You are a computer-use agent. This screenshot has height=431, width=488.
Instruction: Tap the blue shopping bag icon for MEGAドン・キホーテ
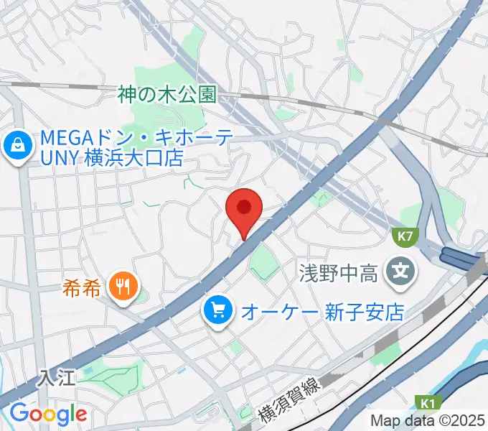[15, 147]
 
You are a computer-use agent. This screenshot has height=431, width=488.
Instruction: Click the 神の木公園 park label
[168, 94]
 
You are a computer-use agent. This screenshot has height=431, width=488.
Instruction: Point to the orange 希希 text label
[84, 287]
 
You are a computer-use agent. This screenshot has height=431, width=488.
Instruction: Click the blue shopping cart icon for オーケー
[217, 310]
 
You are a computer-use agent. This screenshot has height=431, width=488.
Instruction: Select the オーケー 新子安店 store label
[323, 312]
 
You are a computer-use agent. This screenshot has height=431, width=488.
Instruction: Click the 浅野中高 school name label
[337, 273]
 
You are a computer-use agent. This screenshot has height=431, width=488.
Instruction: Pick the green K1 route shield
[428, 403]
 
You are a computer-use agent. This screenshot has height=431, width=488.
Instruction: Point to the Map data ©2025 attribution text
[428, 420]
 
